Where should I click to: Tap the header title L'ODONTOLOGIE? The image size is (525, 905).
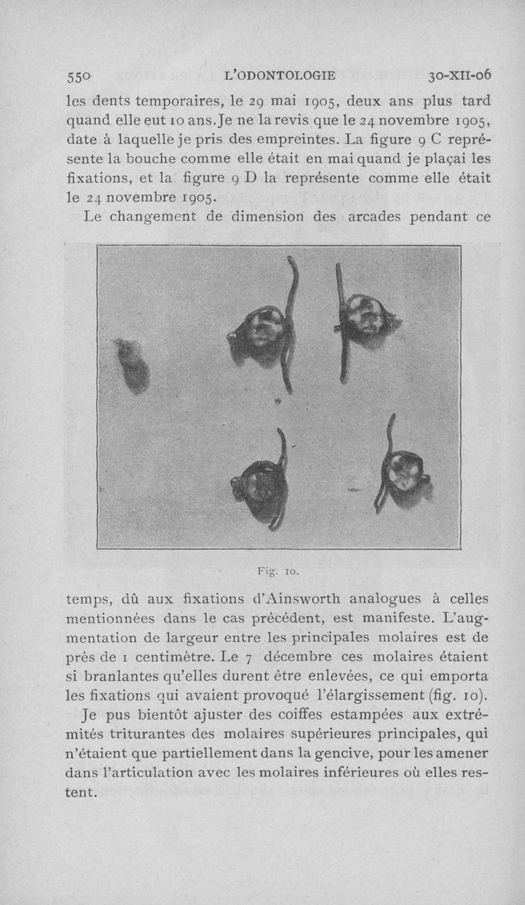point(280,76)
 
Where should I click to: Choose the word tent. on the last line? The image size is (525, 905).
point(83,793)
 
